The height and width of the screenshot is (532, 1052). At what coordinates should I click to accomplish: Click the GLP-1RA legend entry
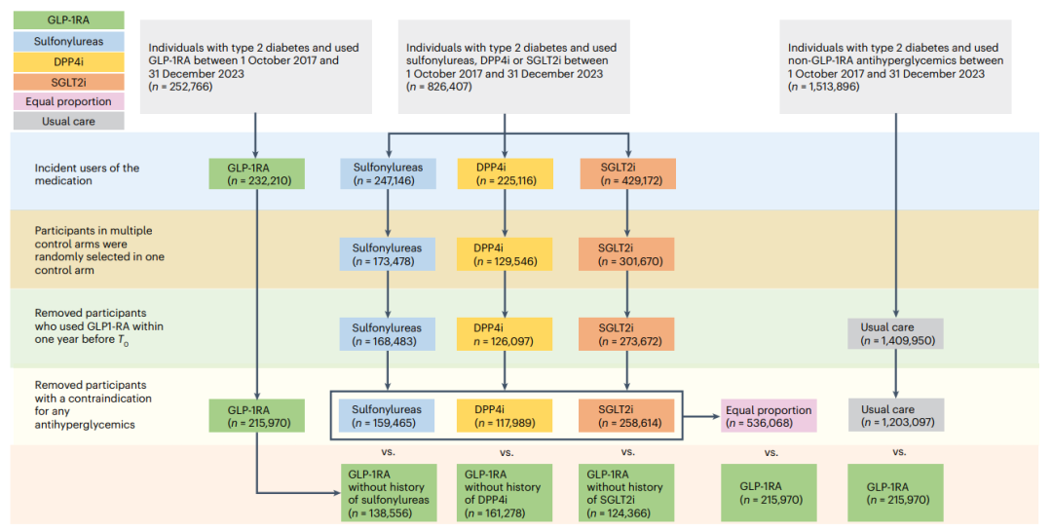pyautogui.click(x=68, y=20)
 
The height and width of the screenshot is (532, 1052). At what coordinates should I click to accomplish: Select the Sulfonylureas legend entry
pyautogui.click(x=68, y=41)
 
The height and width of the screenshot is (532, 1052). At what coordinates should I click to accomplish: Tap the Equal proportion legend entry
pyautogui.click(x=68, y=101)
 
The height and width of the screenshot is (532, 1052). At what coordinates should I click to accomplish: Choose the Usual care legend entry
pyautogui.click(x=68, y=122)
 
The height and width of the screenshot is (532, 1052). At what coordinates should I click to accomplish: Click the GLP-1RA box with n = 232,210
pyautogui.click(x=256, y=173)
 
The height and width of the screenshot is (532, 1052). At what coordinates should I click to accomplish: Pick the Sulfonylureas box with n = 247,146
pyautogui.click(x=388, y=173)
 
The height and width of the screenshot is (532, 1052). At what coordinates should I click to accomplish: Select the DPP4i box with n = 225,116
pyautogui.click(x=506, y=173)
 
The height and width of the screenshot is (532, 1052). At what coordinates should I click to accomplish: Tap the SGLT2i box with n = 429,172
pyautogui.click(x=627, y=173)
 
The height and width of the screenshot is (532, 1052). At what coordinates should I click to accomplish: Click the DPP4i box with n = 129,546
pyautogui.click(x=506, y=254)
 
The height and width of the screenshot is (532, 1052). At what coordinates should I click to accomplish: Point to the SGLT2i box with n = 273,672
pyautogui.click(x=627, y=334)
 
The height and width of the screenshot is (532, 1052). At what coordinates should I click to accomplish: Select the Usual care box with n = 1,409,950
pyautogui.click(x=896, y=334)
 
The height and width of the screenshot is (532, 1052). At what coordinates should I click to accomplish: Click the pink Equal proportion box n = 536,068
pyautogui.click(x=769, y=416)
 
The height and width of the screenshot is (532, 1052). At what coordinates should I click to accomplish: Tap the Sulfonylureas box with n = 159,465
pyautogui.click(x=388, y=416)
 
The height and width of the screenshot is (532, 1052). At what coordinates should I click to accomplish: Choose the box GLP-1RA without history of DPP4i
pyautogui.click(x=506, y=493)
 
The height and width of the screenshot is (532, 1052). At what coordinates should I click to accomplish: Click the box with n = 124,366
pyautogui.click(x=627, y=493)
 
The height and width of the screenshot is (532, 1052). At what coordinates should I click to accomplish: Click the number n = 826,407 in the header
pyautogui.click(x=438, y=87)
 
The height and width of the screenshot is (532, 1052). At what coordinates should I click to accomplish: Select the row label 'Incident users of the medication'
pyautogui.click(x=87, y=173)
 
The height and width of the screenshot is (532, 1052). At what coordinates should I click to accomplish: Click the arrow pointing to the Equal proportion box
pyautogui.click(x=700, y=417)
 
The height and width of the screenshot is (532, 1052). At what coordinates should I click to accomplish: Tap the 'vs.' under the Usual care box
pyautogui.click(x=899, y=452)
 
